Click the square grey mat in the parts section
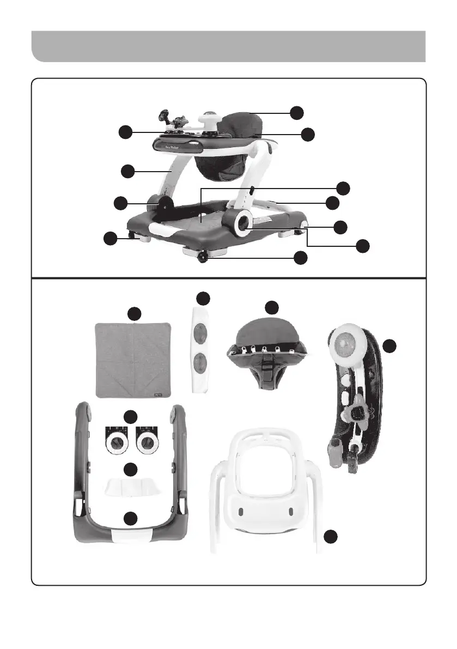coord(133,360)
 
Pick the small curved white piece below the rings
coord(130,486)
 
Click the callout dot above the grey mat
coord(134,313)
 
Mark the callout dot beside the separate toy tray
coord(389,346)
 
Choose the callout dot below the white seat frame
coord(330,537)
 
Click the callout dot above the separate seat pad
coord(271,306)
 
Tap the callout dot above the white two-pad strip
coord(203,298)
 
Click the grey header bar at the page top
coord(228,46)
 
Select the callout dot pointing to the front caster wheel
coord(298,258)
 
